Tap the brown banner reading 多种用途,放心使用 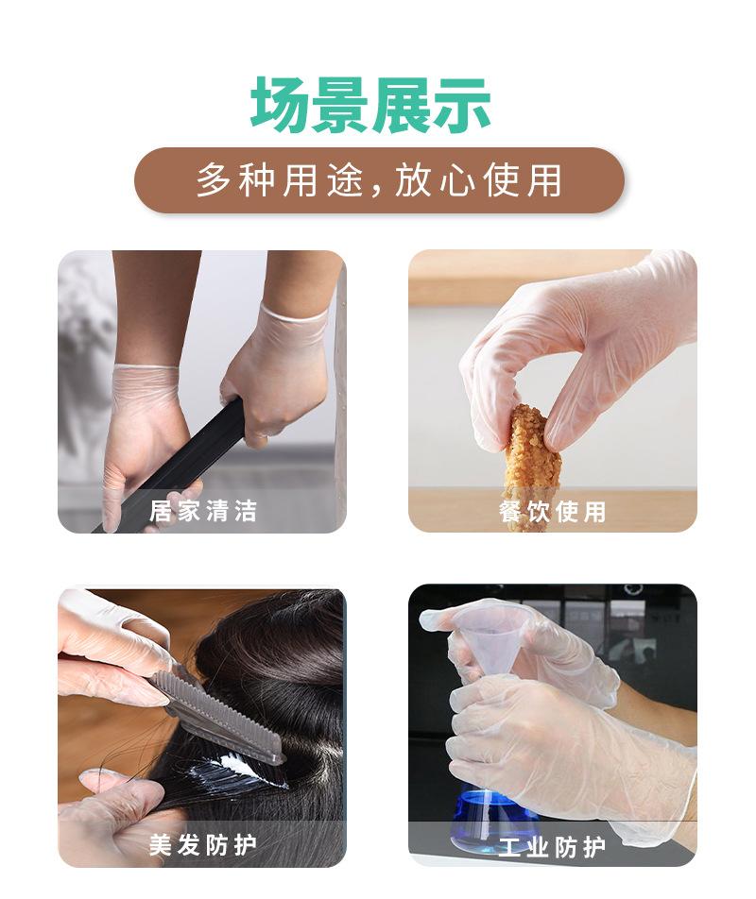pos(379,179)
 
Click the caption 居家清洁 pos(202,511)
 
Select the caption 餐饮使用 pos(552,511)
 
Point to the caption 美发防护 pos(202,844)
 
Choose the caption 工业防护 pos(552,844)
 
